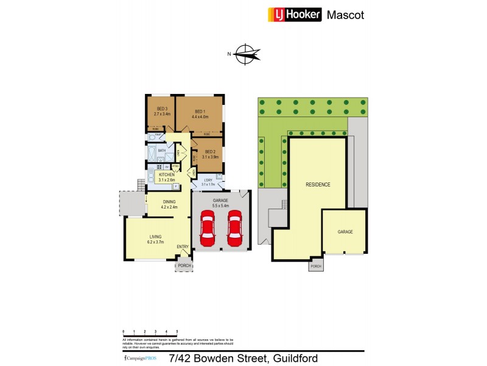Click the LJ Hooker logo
point(295,15)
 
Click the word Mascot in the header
point(346,15)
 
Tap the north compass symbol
point(246,54)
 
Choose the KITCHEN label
point(167,174)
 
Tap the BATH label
point(162,150)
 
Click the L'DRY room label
point(208,179)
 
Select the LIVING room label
point(156,237)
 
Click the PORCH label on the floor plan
point(184,266)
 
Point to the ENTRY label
point(183,246)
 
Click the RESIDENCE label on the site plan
point(318,184)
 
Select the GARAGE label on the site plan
point(345,232)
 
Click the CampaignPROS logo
point(139,358)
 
